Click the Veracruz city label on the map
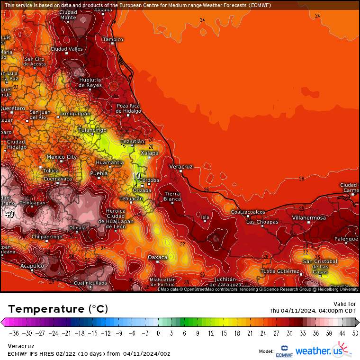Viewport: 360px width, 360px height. coord(181,167)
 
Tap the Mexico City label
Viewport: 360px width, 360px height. coord(61,157)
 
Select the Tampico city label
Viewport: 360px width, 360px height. coord(113,39)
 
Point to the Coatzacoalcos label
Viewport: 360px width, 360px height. coord(248,212)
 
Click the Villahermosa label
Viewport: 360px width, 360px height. coord(309,217)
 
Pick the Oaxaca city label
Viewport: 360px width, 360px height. coord(158,257)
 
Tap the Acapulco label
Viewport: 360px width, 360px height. coord(32,266)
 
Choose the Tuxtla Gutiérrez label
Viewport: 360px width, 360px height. coord(280,271)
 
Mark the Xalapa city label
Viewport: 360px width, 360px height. coord(150,153)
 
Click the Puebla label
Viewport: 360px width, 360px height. coord(99,173)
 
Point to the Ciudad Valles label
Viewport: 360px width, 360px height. coord(67,49)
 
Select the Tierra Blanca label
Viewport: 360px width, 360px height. coord(172,197)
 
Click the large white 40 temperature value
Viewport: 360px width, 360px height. coord(9,214)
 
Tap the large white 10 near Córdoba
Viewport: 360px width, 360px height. coord(136,176)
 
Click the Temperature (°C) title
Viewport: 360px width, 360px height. coord(58,309)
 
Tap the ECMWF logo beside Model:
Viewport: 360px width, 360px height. coord(284,351)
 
